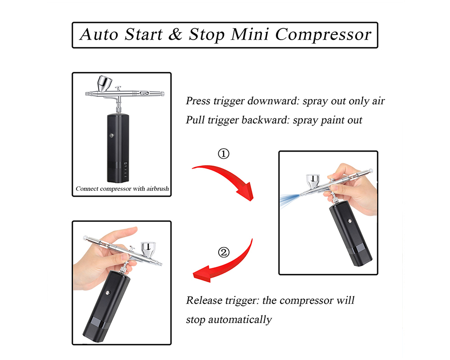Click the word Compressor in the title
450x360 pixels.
click(323, 35)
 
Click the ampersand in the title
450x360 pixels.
click(175, 34)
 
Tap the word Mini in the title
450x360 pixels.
click(250, 34)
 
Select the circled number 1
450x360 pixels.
click(224, 153)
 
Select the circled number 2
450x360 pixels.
click(224, 252)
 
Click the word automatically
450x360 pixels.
click(240, 319)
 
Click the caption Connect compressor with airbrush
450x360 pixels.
click(122, 189)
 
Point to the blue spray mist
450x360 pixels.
click(289, 200)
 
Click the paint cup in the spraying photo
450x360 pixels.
click(313, 181)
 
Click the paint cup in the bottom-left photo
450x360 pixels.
click(148, 249)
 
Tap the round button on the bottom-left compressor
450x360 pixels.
click(108, 293)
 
